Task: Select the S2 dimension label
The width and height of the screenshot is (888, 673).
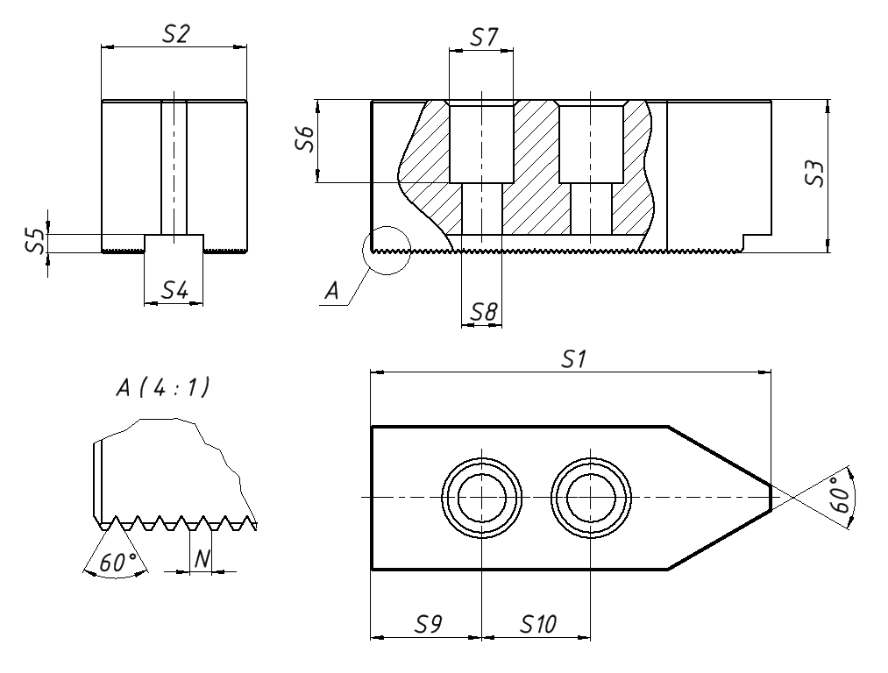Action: (176, 33)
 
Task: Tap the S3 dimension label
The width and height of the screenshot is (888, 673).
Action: (814, 174)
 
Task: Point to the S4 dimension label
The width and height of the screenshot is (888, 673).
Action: (174, 290)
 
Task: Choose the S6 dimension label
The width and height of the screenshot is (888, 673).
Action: (304, 140)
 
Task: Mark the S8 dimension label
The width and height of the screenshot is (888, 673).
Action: (483, 312)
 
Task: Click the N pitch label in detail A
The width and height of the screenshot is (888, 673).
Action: (201, 558)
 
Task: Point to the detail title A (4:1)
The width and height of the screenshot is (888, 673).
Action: (163, 388)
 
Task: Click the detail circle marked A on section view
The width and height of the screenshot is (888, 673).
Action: (386, 250)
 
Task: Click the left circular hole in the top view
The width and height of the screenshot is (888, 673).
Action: (482, 497)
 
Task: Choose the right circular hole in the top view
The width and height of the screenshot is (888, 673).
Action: (592, 497)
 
